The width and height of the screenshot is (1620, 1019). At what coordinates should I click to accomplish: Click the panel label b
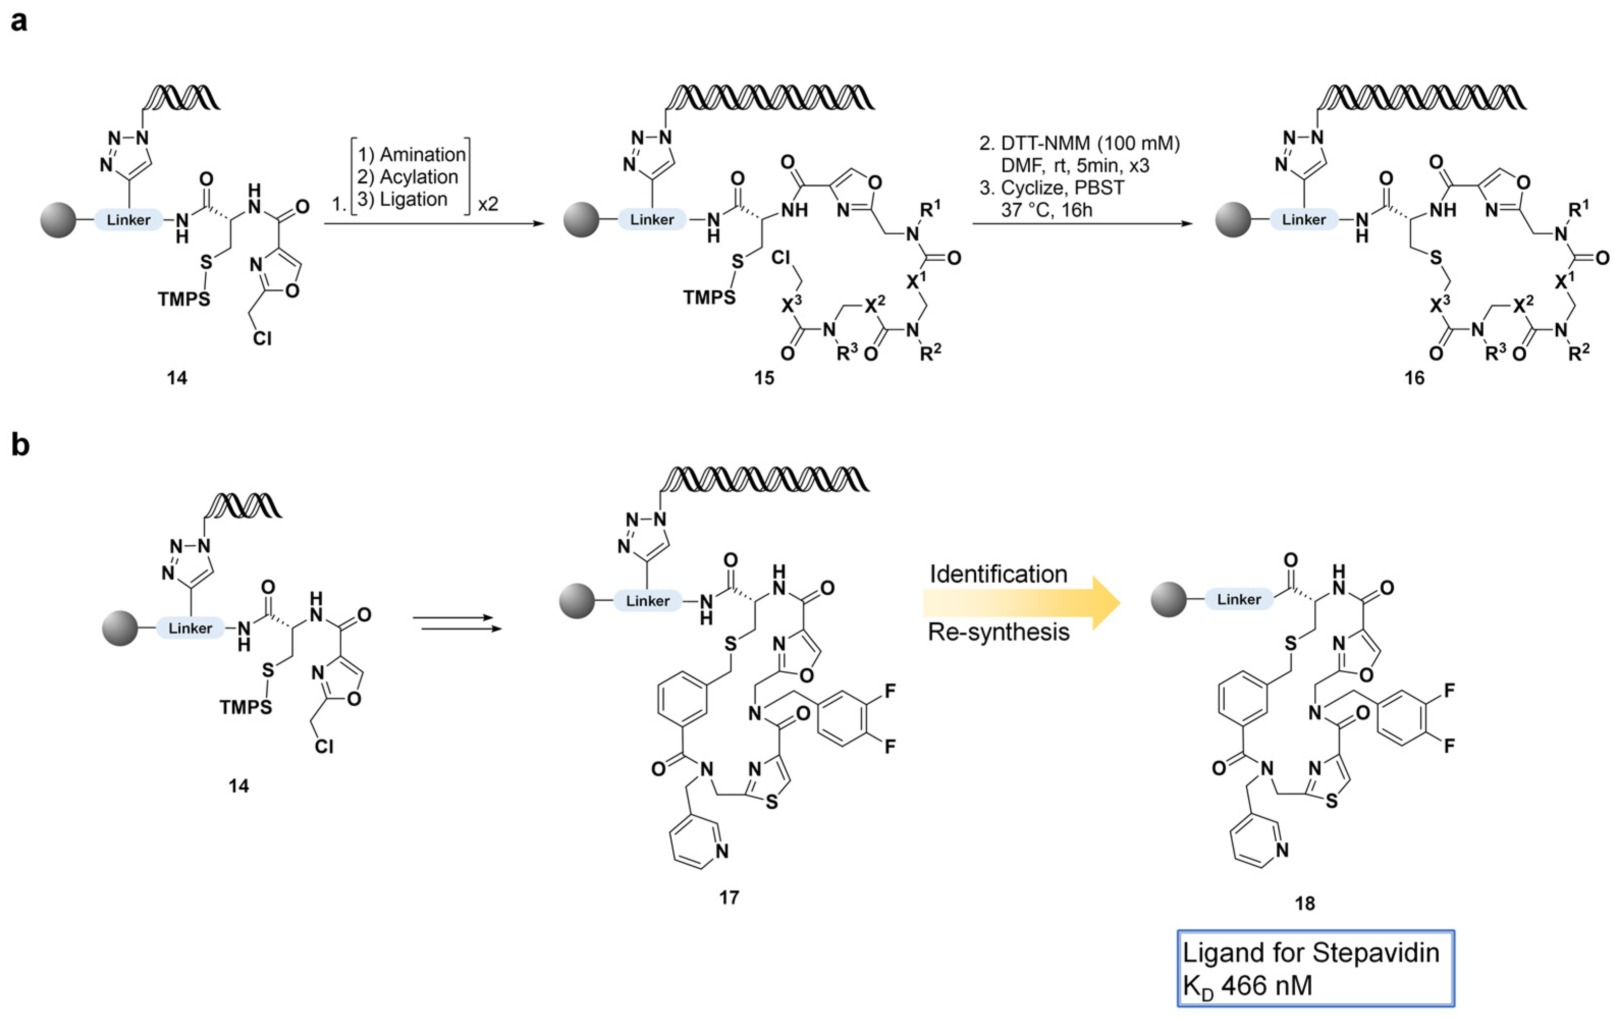pyautogui.click(x=20, y=445)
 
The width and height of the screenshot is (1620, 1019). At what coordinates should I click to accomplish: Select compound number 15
pyautogui.click(x=763, y=378)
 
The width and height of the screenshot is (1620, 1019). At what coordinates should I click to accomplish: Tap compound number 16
pyautogui.click(x=1415, y=378)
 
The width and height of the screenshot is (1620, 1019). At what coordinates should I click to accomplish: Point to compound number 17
pyautogui.click(x=729, y=897)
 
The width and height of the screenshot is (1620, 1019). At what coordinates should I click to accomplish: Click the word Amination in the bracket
pyautogui.click(x=423, y=155)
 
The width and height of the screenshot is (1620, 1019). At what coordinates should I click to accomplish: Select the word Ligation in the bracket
pyautogui.click(x=413, y=199)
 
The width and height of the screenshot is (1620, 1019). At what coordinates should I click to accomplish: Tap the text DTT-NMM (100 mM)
pyautogui.click(x=1090, y=143)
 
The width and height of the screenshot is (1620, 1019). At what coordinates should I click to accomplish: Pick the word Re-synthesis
pyautogui.click(x=998, y=632)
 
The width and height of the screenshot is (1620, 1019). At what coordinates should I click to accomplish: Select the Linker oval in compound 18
pyautogui.click(x=1239, y=599)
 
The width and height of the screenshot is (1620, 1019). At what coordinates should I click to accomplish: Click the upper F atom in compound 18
pyautogui.click(x=1450, y=690)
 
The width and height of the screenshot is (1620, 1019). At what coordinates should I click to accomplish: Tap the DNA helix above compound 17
pyautogui.click(x=763, y=479)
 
